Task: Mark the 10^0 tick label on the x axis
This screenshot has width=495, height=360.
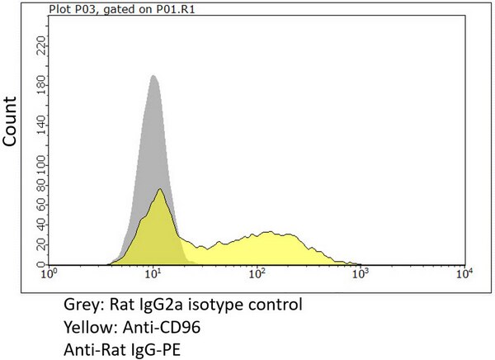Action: point(51,272)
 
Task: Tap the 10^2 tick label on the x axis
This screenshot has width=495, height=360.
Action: point(257,272)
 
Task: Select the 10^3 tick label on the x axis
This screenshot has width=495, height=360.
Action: point(361,272)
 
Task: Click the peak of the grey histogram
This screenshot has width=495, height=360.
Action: point(153,76)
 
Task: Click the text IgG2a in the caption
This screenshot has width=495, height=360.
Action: point(172,305)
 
